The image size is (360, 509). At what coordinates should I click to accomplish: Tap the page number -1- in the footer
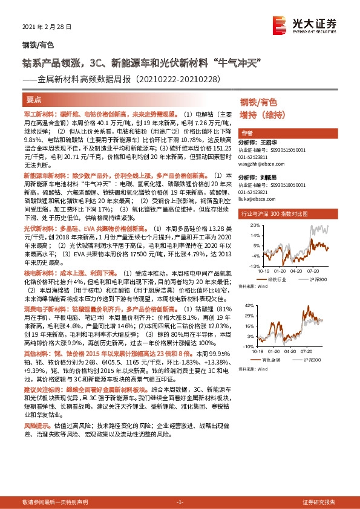180,502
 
